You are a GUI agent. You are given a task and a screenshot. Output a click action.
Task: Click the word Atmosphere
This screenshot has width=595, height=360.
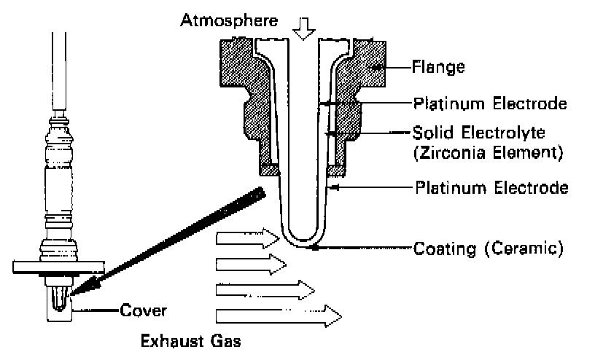(228, 20)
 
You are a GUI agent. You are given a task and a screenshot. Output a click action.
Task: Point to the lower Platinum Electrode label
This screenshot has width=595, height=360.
(491, 188)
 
